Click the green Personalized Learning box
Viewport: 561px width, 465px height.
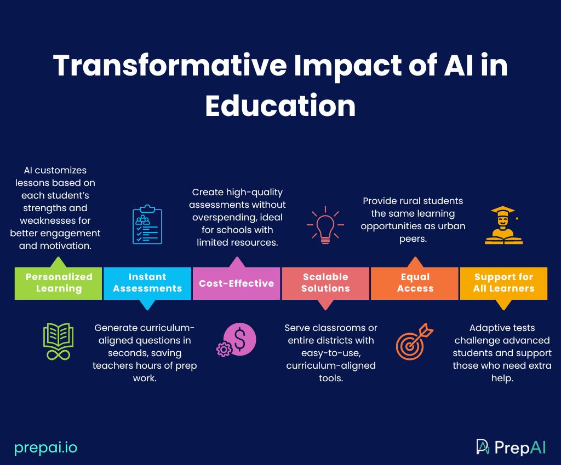click(58, 283)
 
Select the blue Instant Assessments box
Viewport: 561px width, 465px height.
click(147, 283)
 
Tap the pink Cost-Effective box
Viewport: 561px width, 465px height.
click(237, 283)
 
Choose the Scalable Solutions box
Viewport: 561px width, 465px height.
click(325, 283)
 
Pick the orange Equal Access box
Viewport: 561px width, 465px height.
click(415, 283)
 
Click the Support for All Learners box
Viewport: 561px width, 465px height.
click(504, 283)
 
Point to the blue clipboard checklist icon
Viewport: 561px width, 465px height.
click(147, 225)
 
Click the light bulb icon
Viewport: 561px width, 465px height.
click(325, 225)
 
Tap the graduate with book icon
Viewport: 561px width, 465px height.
click(504, 225)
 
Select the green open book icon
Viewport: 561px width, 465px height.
click(58, 341)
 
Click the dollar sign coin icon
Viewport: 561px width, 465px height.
click(240, 339)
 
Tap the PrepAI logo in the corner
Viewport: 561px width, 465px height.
click(511, 447)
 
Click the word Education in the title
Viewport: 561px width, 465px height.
click(280, 106)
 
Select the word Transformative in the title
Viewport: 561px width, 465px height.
click(170, 66)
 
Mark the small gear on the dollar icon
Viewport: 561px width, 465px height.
click(224, 349)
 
